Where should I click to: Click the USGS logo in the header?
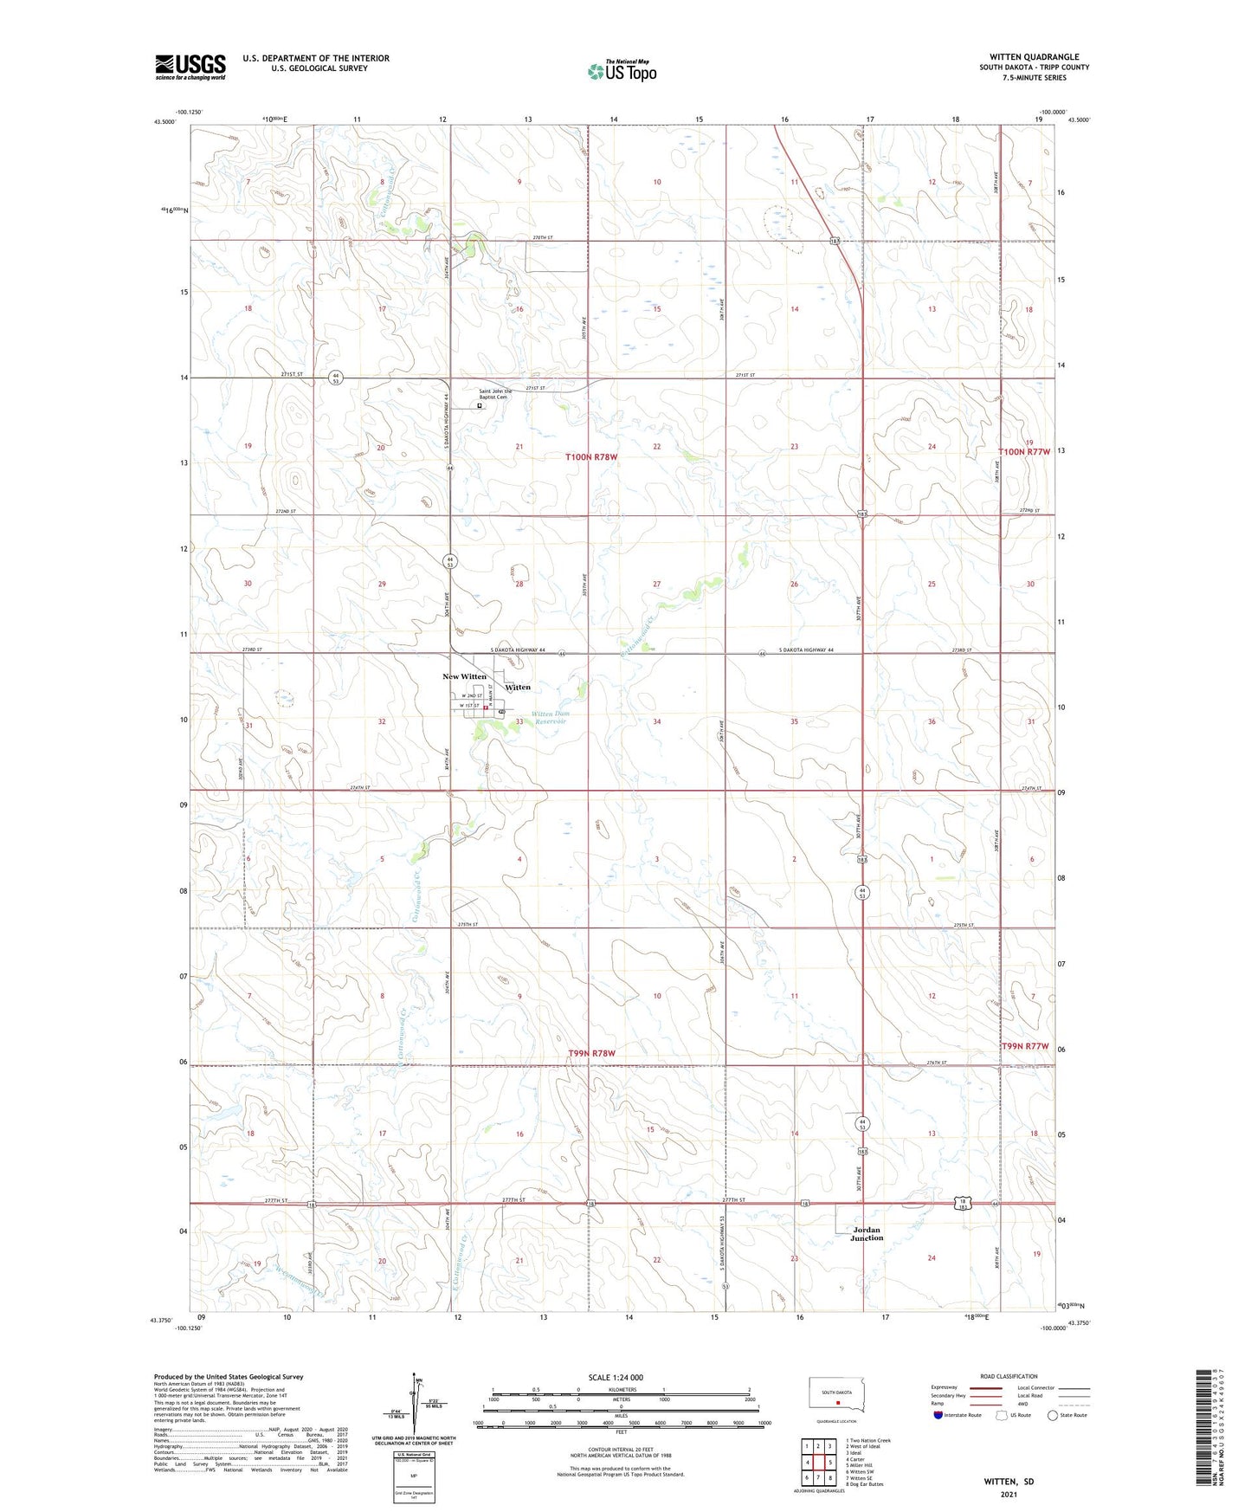[x=190, y=67]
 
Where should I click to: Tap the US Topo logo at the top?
[x=622, y=71]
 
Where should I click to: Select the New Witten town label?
[x=464, y=676]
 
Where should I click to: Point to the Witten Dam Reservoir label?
[x=551, y=717]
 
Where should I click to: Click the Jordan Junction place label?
[x=866, y=1233]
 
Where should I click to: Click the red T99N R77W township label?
[x=1025, y=1046]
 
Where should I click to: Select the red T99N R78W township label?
[x=592, y=1053]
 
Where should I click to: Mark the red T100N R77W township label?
[x=1024, y=452]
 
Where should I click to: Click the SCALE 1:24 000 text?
[x=616, y=1377]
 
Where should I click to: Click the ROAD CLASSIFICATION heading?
[x=1009, y=1376]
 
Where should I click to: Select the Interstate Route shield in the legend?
[x=939, y=1415]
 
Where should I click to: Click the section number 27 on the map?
[x=656, y=584]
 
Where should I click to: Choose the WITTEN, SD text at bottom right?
[x=1009, y=1482]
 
